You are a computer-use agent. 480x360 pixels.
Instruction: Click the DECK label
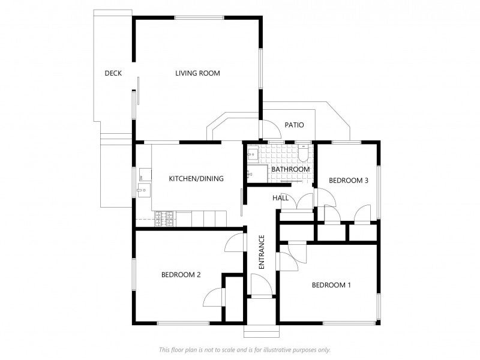113,73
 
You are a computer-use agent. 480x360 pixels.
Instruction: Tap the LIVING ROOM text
197,73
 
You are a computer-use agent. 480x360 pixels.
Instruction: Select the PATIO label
294,125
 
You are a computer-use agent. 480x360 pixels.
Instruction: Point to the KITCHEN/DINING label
196,178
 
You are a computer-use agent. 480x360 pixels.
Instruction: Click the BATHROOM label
290,169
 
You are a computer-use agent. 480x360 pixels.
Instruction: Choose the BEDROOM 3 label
349,181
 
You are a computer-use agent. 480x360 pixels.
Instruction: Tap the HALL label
280,198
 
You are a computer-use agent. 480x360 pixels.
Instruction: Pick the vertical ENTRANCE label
262,252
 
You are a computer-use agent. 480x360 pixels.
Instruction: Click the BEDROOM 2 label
181,275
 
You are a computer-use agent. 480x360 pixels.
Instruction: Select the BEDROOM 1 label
331,285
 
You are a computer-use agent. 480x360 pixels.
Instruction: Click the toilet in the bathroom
304,153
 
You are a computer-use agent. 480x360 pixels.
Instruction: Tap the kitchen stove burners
164,219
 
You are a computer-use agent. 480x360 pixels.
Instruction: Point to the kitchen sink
143,190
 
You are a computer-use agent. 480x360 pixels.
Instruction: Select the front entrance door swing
261,284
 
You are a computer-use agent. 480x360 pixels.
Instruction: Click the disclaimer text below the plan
245,350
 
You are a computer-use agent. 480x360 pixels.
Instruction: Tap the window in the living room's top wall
199,18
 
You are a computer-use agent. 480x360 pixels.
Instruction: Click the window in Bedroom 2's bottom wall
183,323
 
